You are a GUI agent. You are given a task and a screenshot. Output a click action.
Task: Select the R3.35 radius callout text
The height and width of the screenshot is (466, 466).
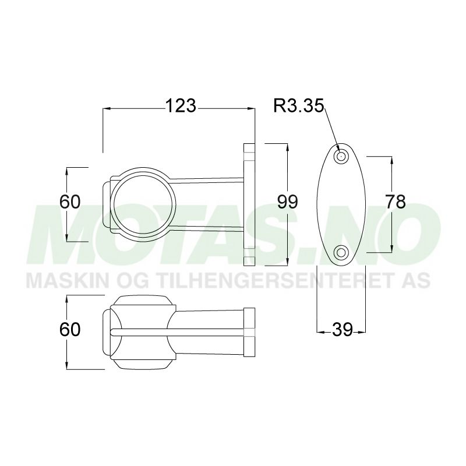coord(299,106)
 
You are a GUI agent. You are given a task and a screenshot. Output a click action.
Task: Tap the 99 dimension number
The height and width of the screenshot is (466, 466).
coord(288,202)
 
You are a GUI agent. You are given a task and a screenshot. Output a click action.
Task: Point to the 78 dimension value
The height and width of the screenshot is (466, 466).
coord(396,202)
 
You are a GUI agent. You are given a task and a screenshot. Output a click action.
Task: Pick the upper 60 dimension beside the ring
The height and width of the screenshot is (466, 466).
coord(70,202)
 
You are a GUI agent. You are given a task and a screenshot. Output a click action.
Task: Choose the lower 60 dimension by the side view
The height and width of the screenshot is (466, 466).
coord(70,330)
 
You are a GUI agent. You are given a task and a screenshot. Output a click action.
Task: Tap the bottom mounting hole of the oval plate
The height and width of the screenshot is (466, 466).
coord(341,252)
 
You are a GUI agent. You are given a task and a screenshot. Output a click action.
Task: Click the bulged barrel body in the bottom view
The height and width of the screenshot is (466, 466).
coord(143,332)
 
